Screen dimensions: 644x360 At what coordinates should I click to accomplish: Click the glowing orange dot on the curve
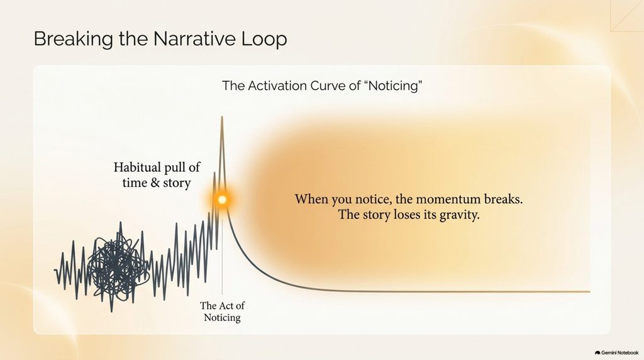click(222, 200)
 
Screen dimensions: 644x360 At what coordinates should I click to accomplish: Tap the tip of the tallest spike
click(222, 116)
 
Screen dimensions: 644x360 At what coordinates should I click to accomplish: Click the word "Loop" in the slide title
click(264, 39)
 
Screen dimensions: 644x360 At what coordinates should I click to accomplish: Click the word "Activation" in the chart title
click(277, 86)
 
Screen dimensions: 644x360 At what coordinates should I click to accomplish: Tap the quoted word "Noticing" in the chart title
click(394, 86)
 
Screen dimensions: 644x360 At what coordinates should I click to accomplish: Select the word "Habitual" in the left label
click(138, 167)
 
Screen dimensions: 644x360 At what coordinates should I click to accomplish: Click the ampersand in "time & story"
click(155, 183)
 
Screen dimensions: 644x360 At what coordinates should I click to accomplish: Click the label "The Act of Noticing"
click(222, 312)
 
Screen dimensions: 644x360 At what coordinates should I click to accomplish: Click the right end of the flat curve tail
click(590, 291)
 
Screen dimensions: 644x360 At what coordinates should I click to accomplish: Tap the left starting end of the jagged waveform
click(55, 270)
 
